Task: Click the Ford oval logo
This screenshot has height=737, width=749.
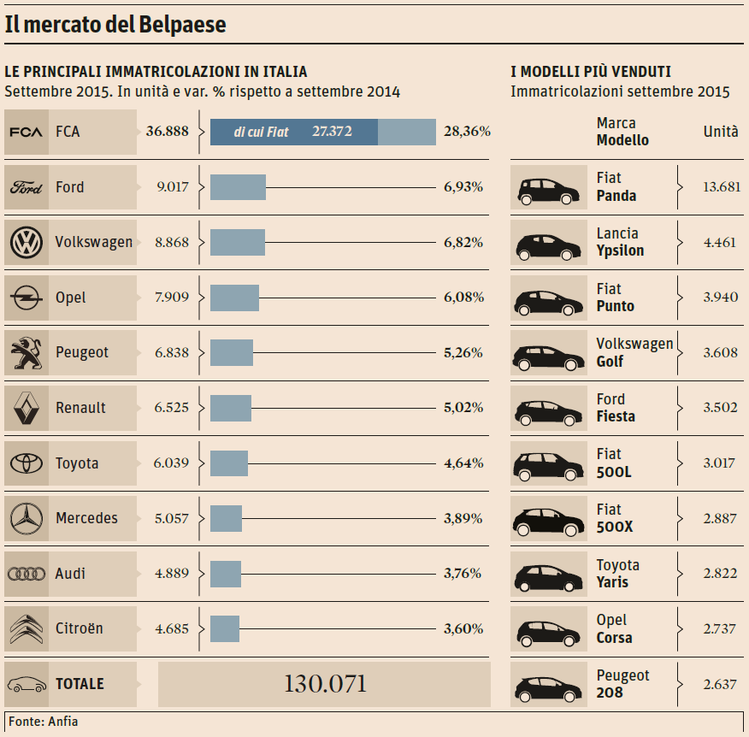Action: coord(27,187)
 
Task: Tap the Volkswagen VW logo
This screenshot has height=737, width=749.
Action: coord(27,242)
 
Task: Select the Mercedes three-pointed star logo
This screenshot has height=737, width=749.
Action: coord(27,518)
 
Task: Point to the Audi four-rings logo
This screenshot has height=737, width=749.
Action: coord(27,574)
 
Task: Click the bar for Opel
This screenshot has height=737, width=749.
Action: coord(234,298)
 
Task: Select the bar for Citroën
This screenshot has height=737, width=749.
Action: coord(225,628)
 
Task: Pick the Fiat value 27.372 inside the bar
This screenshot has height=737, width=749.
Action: coord(332,132)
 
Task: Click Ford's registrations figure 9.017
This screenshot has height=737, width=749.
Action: coord(171,187)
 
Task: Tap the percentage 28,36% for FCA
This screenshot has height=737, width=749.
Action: coord(467,132)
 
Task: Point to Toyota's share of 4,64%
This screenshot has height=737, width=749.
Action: coord(463,463)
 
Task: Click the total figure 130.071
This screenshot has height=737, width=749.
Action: coord(325,684)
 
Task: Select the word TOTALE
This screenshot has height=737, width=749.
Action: coord(80,684)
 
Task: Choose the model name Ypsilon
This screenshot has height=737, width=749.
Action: coord(620,251)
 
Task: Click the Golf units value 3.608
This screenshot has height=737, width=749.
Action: coord(720,352)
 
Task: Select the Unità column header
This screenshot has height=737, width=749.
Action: coord(721,132)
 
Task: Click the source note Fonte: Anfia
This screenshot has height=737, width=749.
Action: coord(44,722)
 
